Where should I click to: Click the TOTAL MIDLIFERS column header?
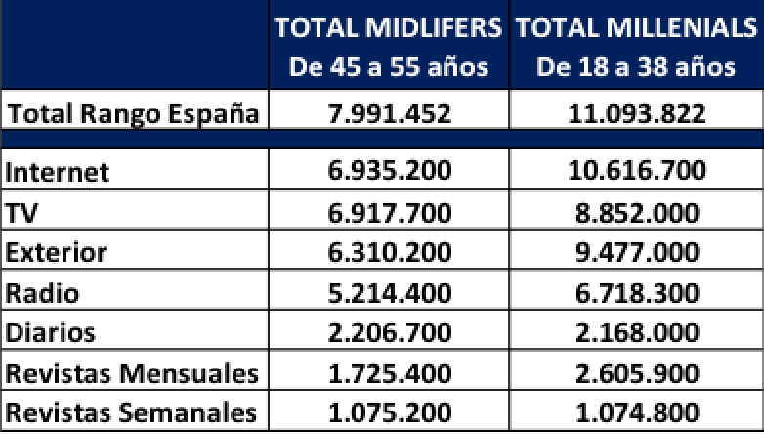coord(389,47)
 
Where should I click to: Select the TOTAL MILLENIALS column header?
coord(637,47)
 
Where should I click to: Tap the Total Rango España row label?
coord(133,114)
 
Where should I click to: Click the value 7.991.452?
coord(389,114)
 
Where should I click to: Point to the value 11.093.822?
coord(637,114)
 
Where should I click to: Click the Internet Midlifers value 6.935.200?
coord(389,172)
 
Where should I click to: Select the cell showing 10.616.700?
coord(637,172)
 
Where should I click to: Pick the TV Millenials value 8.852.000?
coord(637,213)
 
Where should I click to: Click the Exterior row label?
coord(56,253)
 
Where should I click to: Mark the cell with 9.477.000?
coord(637,253)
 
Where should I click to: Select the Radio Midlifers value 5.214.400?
coord(389,293)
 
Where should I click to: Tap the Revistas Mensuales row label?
coord(132,373)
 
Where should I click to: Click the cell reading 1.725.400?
coord(389,373)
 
